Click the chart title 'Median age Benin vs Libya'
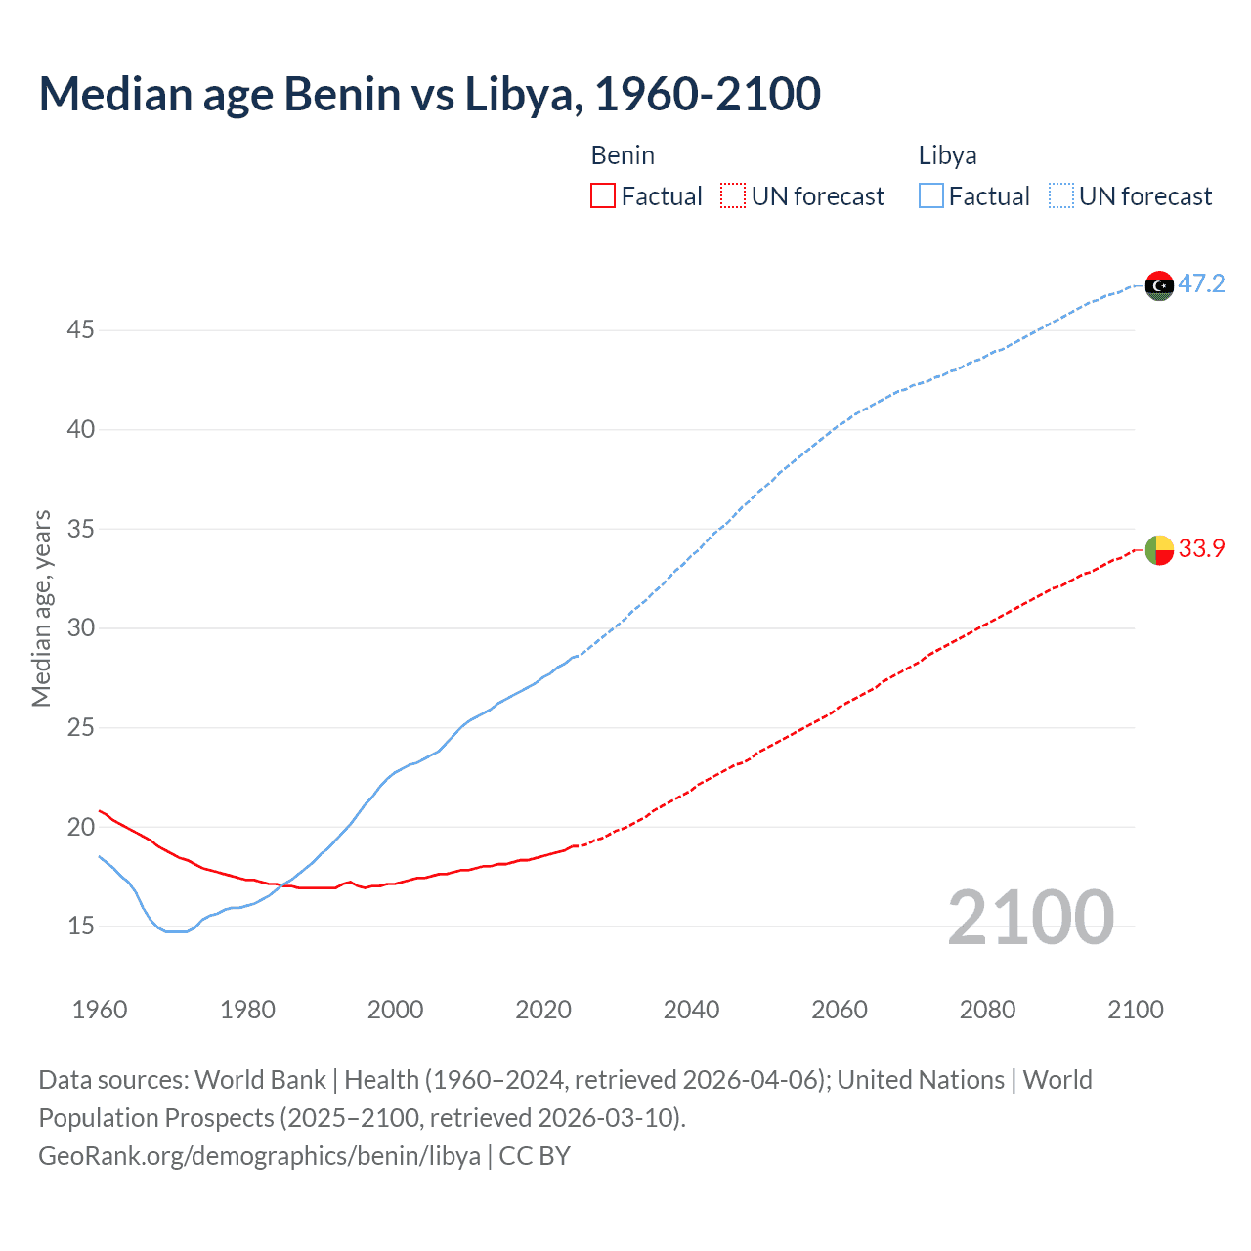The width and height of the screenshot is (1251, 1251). (429, 95)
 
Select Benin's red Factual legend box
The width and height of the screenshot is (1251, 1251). (603, 196)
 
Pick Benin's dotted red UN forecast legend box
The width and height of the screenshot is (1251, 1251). (733, 196)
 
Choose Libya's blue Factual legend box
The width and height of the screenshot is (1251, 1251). (930, 196)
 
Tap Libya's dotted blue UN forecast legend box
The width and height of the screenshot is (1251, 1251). (1060, 196)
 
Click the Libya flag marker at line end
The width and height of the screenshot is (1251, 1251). (1159, 285)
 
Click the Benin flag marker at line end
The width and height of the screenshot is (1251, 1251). (1159, 550)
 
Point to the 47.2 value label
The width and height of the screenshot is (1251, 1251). (1201, 284)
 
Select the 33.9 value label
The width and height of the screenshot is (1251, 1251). (1201, 549)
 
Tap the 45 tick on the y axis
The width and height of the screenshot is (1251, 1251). (81, 330)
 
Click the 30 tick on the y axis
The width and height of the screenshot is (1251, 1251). (81, 628)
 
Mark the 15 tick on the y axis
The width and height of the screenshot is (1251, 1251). (81, 926)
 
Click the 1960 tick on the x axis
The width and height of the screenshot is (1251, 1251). (100, 1010)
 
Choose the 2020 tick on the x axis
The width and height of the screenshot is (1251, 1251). (543, 1010)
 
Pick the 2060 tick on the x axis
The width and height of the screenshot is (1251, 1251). (840, 1010)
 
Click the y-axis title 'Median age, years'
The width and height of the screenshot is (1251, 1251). (41, 608)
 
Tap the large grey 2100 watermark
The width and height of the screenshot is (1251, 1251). (1030, 918)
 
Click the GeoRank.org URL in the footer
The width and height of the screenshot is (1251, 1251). (259, 1156)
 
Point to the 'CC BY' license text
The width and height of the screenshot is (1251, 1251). (535, 1156)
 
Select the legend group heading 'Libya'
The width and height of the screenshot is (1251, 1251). (947, 155)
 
